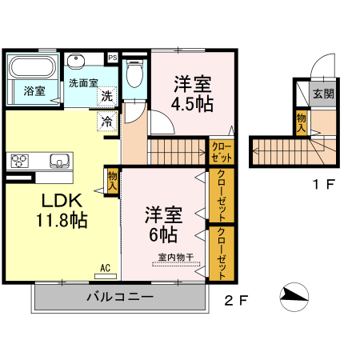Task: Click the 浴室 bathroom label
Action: click(x=34, y=90)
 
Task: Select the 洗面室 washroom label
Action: click(x=82, y=82)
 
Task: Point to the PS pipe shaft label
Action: click(x=112, y=58)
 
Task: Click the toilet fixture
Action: click(x=134, y=74)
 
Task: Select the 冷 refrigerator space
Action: click(x=106, y=122)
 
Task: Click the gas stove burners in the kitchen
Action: click(x=19, y=160)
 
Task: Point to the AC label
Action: click(x=105, y=268)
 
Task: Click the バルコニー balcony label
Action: click(x=119, y=298)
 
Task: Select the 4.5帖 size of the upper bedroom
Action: click(x=193, y=104)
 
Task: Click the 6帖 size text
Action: click(x=162, y=235)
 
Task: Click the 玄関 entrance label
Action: click(x=323, y=94)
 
